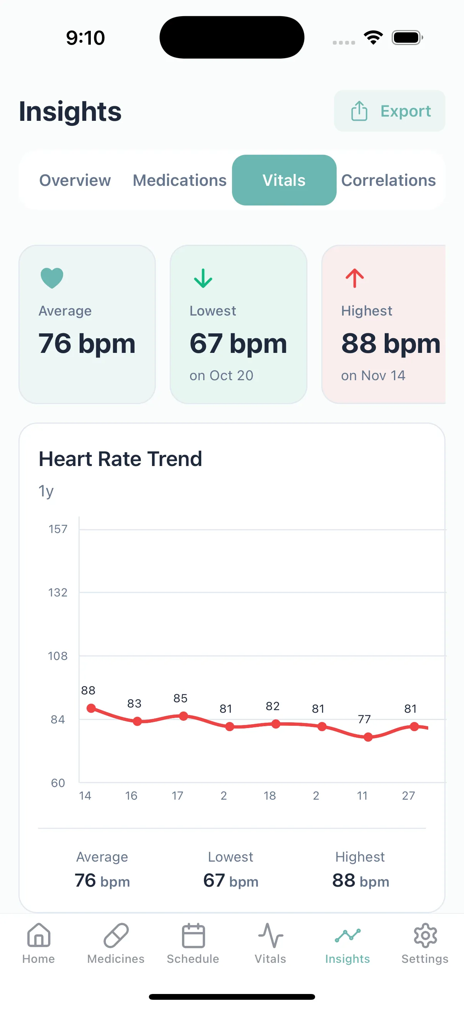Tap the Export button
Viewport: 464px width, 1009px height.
[x=389, y=111]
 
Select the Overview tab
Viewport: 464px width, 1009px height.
[x=75, y=180]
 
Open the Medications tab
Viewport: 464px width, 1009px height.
[x=179, y=180]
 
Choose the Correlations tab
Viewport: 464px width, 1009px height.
[x=388, y=180]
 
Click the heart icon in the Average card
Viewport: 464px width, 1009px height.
[x=52, y=278]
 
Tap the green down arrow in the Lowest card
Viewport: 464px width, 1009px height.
[x=203, y=278]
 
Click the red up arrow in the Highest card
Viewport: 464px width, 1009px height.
[x=354, y=278]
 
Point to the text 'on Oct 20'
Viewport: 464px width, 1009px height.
[x=221, y=375]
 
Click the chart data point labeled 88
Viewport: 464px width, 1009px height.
[x=91, y=708]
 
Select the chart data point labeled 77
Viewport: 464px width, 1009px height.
[x=368, y=737]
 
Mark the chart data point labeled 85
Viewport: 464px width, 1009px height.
[x=183, y=716]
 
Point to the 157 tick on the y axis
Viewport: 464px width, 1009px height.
[x=58, y=529]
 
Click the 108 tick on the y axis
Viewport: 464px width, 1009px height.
[x=58, y=656]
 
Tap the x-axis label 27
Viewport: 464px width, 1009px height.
[x=408, y=795]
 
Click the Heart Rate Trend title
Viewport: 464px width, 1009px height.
[x=120, y=459]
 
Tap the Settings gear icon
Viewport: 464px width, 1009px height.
[x=425, y=935]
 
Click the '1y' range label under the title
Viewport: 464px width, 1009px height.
[x=46, y=491]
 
